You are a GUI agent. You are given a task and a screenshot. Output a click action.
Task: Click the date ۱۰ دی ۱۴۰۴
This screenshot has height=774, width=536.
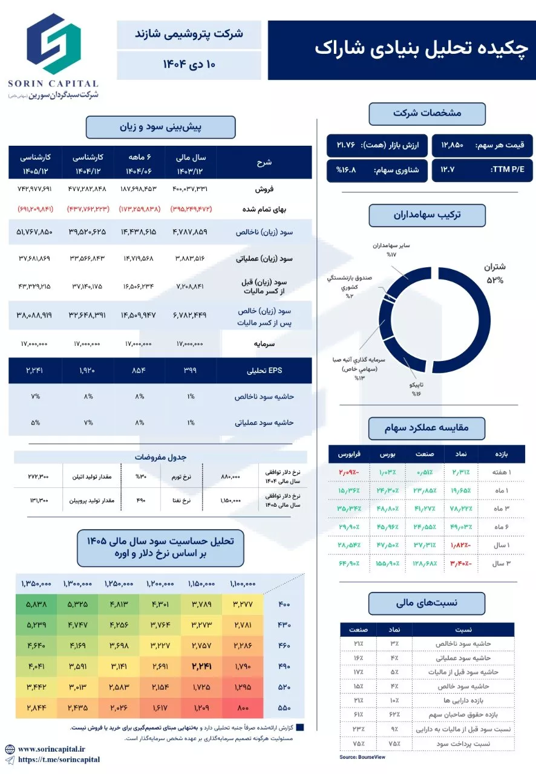pyautogui.click(x=189, y=65)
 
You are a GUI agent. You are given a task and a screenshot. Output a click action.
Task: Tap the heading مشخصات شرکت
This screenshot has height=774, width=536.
pyautogui.click(x=427, y=113)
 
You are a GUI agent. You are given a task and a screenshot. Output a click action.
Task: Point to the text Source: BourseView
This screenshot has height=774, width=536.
pyautogui.click(x=362, y=756)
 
